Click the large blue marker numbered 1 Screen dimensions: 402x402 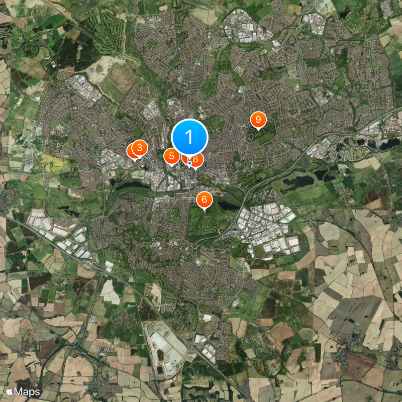pos(189,137)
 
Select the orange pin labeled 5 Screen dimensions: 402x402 pos(172,156)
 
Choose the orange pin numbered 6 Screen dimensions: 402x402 pos(204,199)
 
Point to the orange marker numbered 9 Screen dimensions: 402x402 pos(258,120)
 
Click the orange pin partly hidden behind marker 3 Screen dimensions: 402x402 pos(133,150)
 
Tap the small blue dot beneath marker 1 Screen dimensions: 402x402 pos(189,163)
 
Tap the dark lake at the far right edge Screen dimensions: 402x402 pos(389,144)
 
